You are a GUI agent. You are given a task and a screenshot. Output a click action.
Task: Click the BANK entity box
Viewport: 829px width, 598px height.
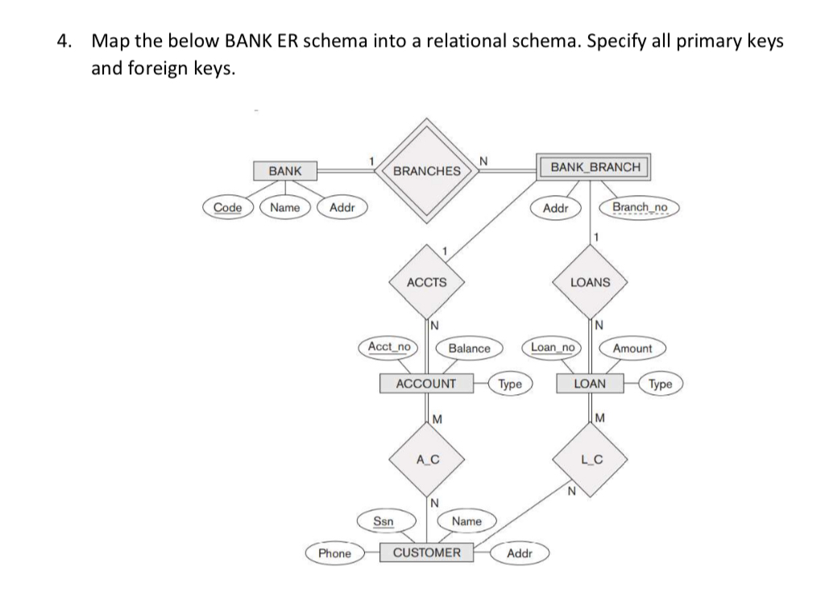[285, 171]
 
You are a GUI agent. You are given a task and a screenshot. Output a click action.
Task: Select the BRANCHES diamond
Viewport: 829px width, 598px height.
[426, 171]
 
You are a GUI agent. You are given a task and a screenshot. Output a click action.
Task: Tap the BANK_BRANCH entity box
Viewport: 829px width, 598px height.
[596, 167]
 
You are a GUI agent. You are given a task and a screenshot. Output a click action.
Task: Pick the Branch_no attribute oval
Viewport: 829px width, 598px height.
[640, 207]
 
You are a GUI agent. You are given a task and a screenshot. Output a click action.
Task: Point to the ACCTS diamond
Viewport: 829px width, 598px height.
[426, 282]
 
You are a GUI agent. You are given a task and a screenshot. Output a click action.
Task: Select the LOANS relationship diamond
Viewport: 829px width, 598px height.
[590, 282]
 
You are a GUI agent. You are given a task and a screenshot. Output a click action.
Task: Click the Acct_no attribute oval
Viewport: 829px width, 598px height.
[388, 347]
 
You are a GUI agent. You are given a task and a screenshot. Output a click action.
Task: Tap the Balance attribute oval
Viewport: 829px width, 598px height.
[469, 348]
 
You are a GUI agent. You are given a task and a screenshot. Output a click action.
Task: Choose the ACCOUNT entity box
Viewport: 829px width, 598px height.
[426, 384]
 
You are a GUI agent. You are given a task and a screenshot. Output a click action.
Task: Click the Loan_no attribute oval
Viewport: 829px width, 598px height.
[553, 347]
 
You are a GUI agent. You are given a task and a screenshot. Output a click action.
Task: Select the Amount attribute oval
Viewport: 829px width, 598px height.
[632, 348]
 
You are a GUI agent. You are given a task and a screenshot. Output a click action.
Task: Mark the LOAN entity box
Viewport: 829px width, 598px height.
[590, 384]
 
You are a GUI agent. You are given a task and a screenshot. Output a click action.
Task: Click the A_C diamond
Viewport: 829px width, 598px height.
[426, 460]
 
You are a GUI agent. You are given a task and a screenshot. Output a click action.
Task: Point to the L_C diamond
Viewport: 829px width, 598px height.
[591, 460]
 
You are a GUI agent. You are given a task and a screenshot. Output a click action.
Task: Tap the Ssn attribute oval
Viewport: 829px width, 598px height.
[384, 521]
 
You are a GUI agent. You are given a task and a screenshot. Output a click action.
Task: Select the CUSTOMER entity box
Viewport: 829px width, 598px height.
[426, 553]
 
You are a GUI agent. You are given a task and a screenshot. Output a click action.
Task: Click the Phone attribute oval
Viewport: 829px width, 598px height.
[334, 554]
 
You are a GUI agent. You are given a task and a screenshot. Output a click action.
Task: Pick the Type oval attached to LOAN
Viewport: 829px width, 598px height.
[660, 384]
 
